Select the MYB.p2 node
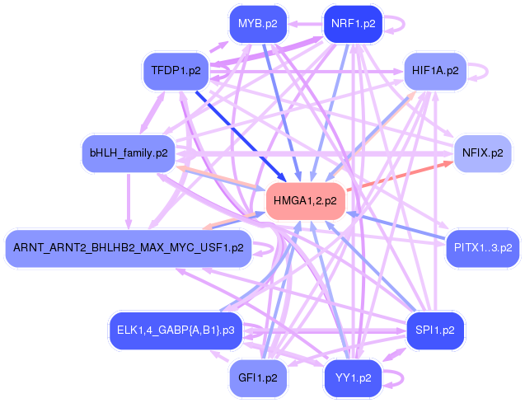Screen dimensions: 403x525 [257, 23]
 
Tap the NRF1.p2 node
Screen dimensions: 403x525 [353, 23]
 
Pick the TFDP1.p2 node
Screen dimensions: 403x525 [176, 71]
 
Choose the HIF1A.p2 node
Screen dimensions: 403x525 [435, 71]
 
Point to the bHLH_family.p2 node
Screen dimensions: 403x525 [129, 153]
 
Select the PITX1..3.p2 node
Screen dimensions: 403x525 [483, 246]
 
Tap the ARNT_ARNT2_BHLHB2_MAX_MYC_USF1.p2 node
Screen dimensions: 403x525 [129, 246]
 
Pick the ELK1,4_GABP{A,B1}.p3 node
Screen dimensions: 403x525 [176, 330]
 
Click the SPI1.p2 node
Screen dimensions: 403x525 [435, 330]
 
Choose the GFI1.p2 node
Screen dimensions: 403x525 [257, 378]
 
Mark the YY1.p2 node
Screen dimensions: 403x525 [353, 378]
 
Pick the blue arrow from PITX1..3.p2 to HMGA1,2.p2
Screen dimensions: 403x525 [396, 227]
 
